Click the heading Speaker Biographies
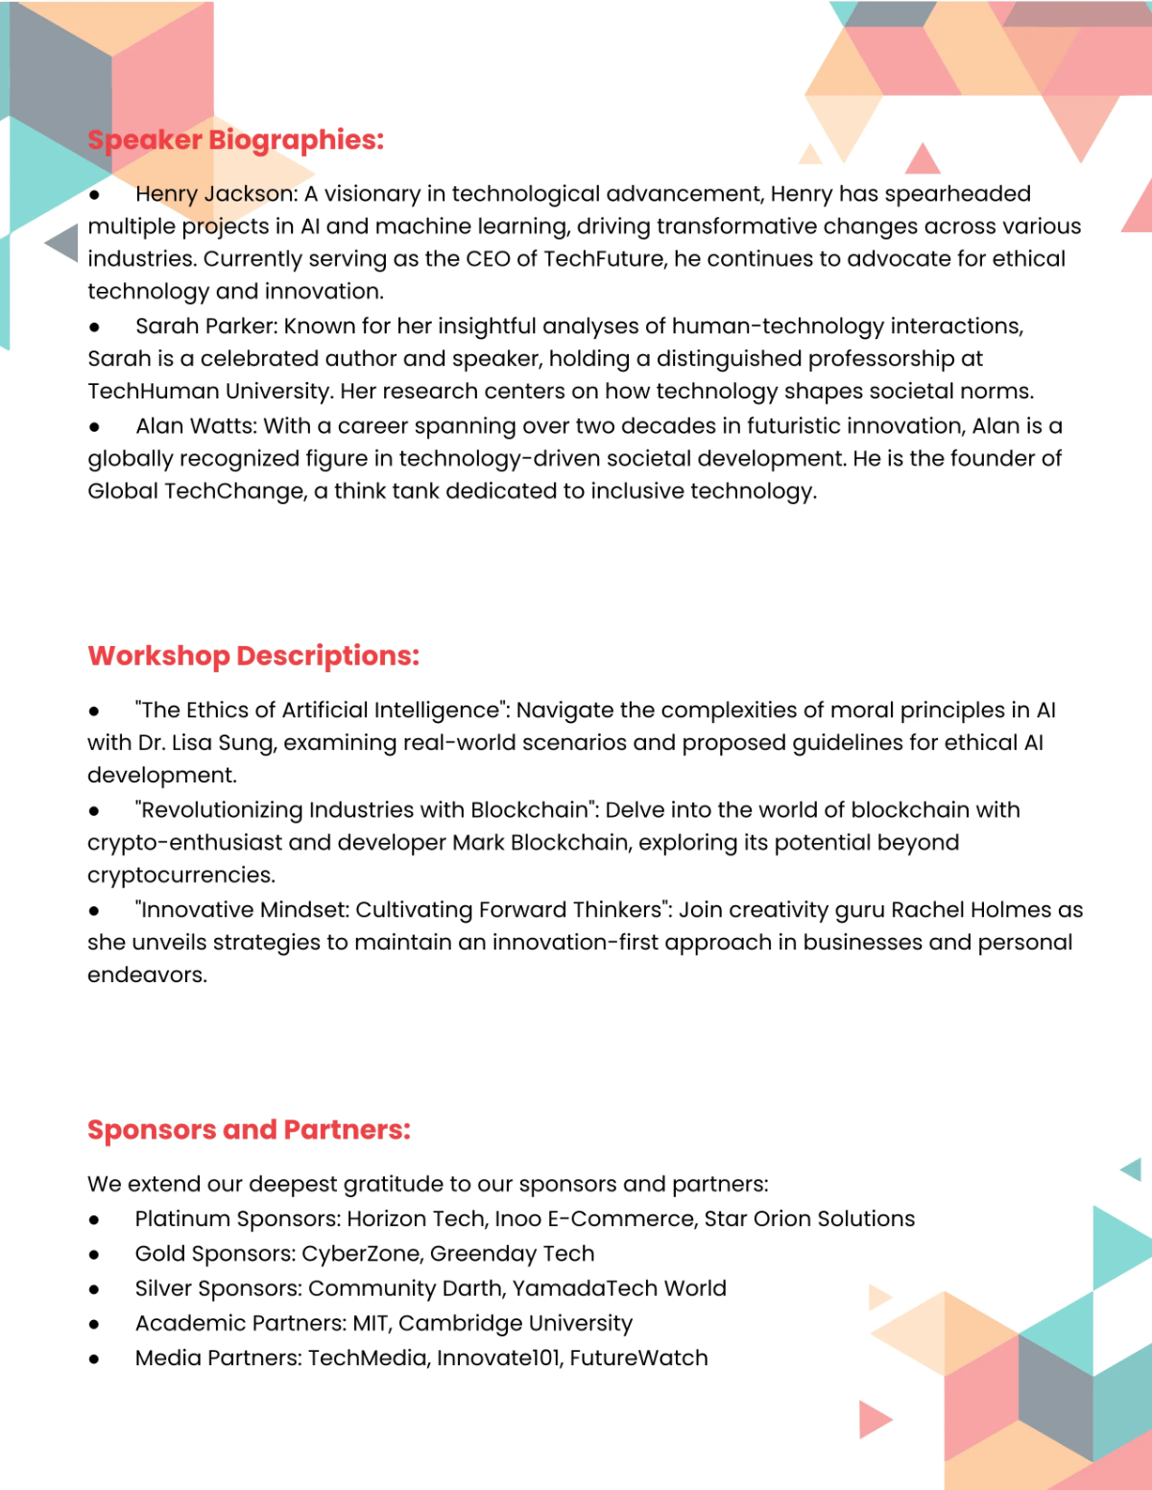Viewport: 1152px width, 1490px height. coord(235,140)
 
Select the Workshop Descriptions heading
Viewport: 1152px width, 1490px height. coord(253,656)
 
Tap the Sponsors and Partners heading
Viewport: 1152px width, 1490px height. coord(249,1130)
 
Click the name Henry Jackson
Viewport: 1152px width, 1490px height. coord(215,194)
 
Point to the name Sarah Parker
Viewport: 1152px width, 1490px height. coord(205,326)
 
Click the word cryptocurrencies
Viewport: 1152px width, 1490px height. coord(180,876)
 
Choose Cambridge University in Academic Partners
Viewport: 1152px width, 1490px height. coord(516,1323)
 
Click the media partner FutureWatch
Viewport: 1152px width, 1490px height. coord(638,1358)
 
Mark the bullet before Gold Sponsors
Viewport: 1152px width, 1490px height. coord(94,1255)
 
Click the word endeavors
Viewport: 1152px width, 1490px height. coord(146,975)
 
